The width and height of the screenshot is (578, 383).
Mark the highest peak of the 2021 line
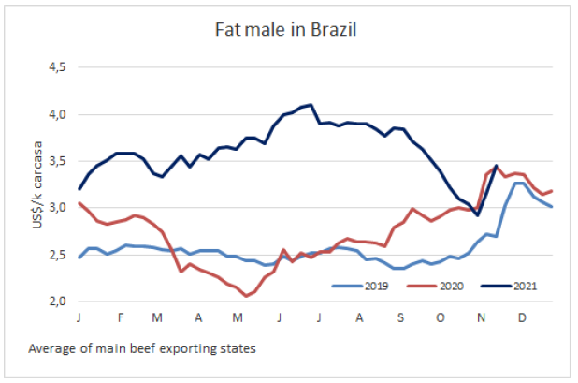click(311, 105)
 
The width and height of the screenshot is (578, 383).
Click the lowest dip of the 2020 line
click(246, 296)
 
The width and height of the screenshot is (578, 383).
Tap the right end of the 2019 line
click(551, 207)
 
